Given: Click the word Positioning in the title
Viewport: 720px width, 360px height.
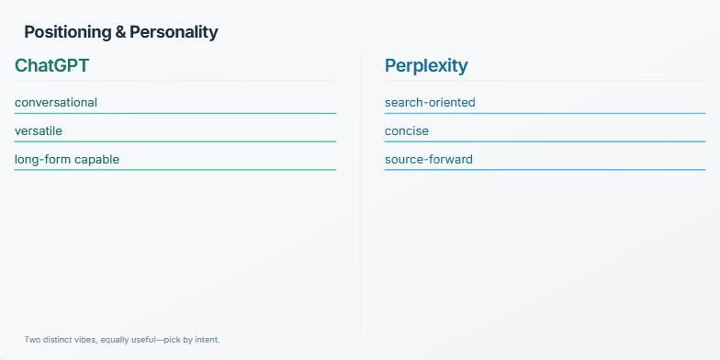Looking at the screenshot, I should coord(63,32).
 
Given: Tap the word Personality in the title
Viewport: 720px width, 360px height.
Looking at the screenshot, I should coord(174,32).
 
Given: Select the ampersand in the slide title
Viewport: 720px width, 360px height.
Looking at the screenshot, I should coord(119,32).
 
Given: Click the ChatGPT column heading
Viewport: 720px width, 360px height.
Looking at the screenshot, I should coord(51,66).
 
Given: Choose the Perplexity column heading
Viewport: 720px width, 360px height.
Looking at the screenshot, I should coord(426,66).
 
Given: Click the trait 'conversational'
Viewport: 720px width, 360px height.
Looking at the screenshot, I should coord(56,103).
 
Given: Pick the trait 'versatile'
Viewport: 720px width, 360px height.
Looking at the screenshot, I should coord(39,131).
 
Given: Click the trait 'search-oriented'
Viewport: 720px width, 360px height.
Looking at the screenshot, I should coord(430,103).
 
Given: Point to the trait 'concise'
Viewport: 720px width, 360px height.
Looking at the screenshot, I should coord(407,131).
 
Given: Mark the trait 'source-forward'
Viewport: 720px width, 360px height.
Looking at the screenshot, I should coord(429,160).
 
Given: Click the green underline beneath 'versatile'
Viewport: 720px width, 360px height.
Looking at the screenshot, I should coord(175,141).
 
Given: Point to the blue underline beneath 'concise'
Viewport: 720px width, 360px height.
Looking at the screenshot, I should coord(545,141).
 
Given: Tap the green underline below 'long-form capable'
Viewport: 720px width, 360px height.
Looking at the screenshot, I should coord(175,170).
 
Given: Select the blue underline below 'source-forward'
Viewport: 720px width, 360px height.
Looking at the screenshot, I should coord(545,170).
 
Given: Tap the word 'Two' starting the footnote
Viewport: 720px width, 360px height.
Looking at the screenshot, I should coord(32,340).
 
